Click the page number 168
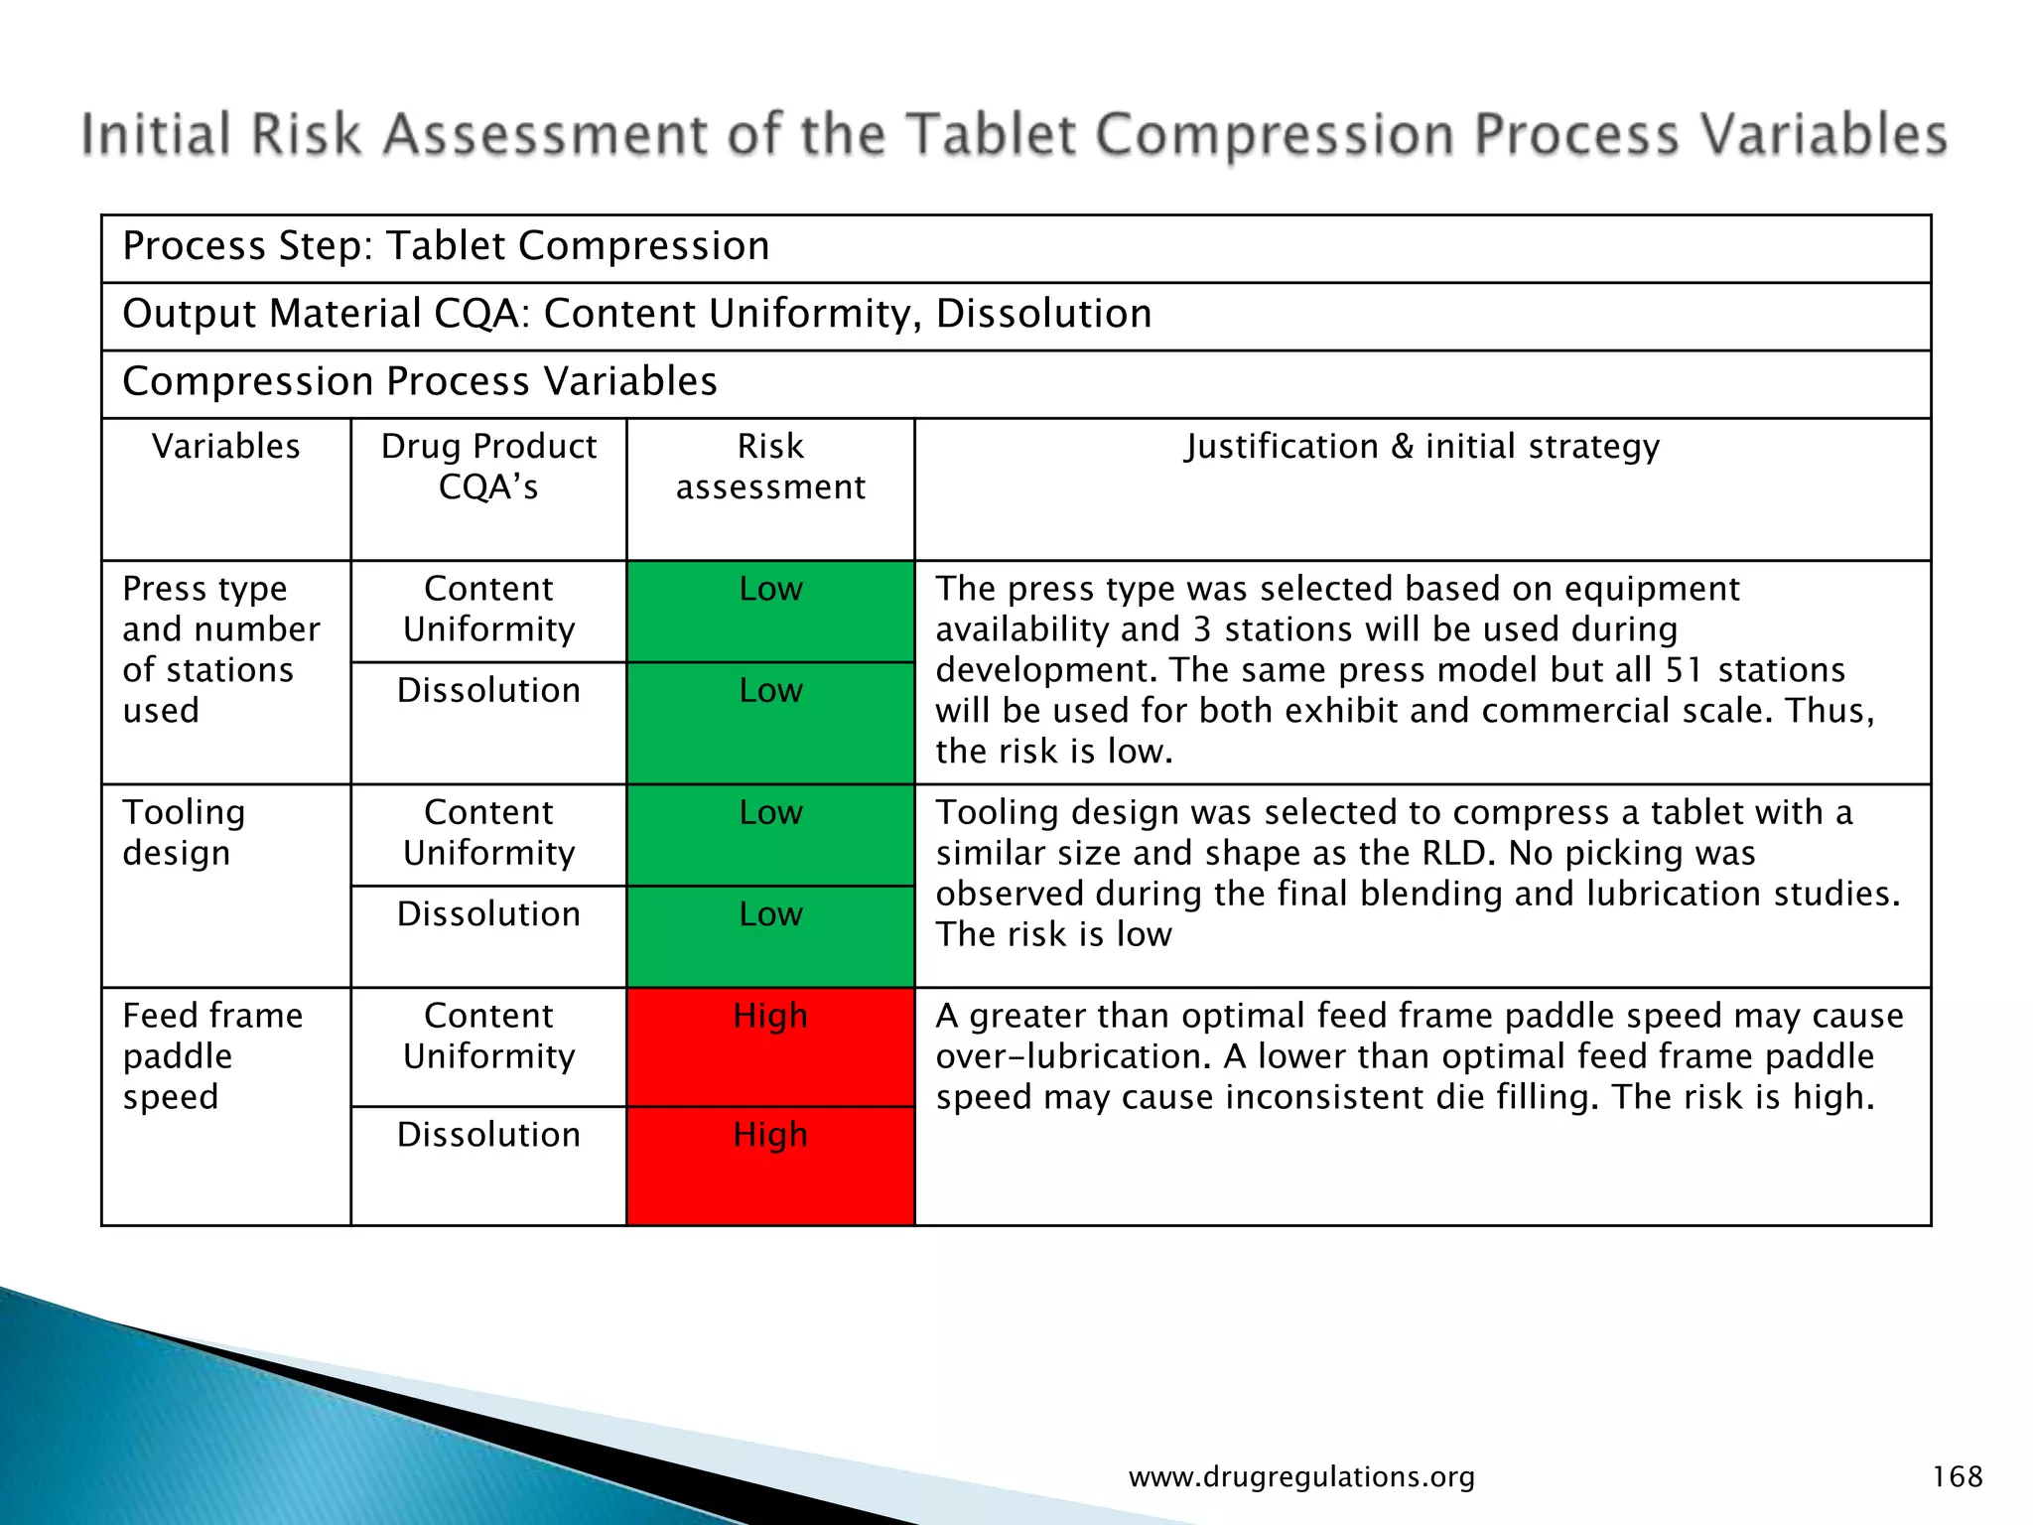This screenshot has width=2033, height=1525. tap(1957, 1476)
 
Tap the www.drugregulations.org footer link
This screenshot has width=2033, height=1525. tap(1301, 1477)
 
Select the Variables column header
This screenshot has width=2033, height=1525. tap(225, 447)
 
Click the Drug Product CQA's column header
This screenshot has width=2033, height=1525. tap(488, 467)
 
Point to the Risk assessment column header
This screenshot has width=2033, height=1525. tap(770, 467)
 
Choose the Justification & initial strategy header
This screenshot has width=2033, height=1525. tap(1422, 447)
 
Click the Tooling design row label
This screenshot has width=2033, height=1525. tap(184, 832)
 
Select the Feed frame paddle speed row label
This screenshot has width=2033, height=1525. tap(211, 1055)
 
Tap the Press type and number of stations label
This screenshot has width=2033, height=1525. tap(219, 649)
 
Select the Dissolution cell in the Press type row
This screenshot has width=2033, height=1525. tap(488, 690)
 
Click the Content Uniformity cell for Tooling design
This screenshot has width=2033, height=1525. tap(488, 832)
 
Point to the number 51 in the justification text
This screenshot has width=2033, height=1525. tap(1685, 670)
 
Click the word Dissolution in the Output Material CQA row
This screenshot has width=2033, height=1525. tap(1043, 314)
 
